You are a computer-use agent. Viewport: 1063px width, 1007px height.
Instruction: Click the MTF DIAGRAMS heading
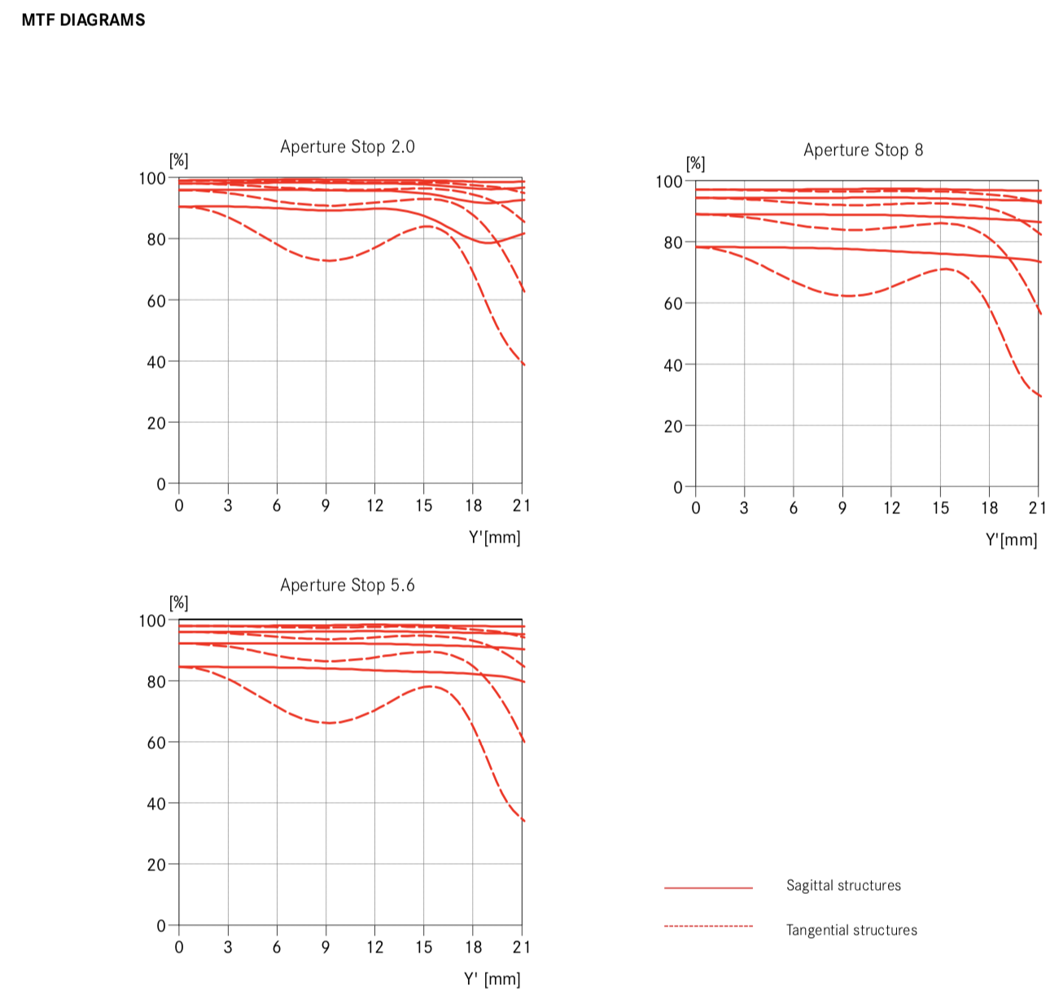83,20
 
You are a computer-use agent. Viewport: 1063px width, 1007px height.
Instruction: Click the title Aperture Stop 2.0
348,147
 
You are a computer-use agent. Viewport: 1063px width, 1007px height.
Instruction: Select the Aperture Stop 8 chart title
863,150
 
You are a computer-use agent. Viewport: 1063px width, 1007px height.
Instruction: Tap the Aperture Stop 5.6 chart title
348,586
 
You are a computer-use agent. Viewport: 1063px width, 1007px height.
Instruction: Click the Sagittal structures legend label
843,886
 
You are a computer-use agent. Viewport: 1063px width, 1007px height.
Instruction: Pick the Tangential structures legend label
851,931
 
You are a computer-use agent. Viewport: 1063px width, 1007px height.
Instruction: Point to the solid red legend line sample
708,888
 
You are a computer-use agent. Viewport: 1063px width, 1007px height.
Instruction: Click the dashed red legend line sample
708,926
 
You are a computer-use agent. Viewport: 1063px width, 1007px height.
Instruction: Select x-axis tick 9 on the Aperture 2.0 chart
326,506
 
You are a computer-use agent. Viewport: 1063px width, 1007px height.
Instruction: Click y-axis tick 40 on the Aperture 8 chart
673,365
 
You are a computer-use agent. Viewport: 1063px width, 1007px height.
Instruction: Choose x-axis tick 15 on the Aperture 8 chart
941,508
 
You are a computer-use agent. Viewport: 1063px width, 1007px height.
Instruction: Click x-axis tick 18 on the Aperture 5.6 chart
473,947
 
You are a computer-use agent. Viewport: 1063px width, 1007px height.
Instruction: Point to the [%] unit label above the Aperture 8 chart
695,163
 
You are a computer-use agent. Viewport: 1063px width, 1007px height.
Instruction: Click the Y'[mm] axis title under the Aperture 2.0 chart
494,538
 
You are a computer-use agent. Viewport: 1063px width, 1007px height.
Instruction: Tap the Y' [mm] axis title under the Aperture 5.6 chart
492,979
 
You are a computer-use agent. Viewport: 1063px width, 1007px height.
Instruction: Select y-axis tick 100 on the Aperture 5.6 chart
152,621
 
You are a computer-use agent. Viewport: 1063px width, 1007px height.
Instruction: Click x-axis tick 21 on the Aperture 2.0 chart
522,506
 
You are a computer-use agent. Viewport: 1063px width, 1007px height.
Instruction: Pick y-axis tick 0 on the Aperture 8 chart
678,487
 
